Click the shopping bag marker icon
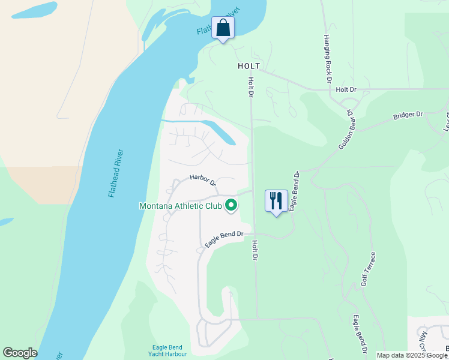click(x=223, y=28)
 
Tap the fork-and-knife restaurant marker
click(x=276, y=201)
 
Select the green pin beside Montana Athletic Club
click(x=231, y=206)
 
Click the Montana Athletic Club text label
click(x=181, y=206)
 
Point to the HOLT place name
click(x=249, y=66)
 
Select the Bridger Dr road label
click(x=408, y=115)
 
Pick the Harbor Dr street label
click(x=203, y=179)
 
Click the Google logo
click(x=20, y=353)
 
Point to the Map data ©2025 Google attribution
click(x=412, y=355)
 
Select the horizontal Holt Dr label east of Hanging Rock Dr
click(x=346, y=89)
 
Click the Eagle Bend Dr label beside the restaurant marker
click(x=294, y=191)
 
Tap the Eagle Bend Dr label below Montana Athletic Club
click(x=223, y=239)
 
